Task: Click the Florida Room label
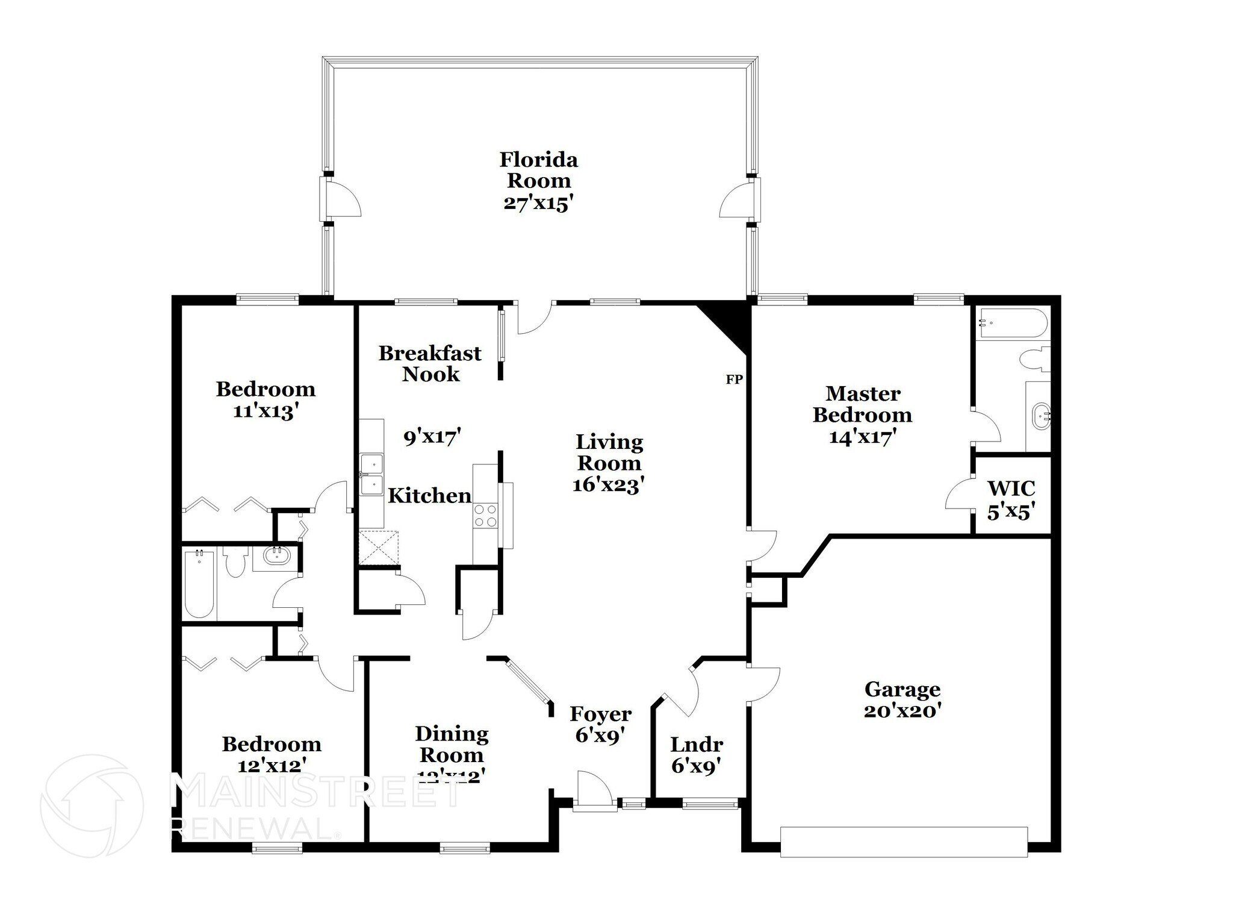(539, 170)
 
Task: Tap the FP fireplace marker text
(734, 380)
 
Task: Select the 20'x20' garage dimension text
(902, 711)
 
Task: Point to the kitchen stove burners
(485, 516)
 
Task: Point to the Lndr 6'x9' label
(696, 755)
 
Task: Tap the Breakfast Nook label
(430, 363)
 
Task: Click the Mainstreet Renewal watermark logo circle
(92, 805)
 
